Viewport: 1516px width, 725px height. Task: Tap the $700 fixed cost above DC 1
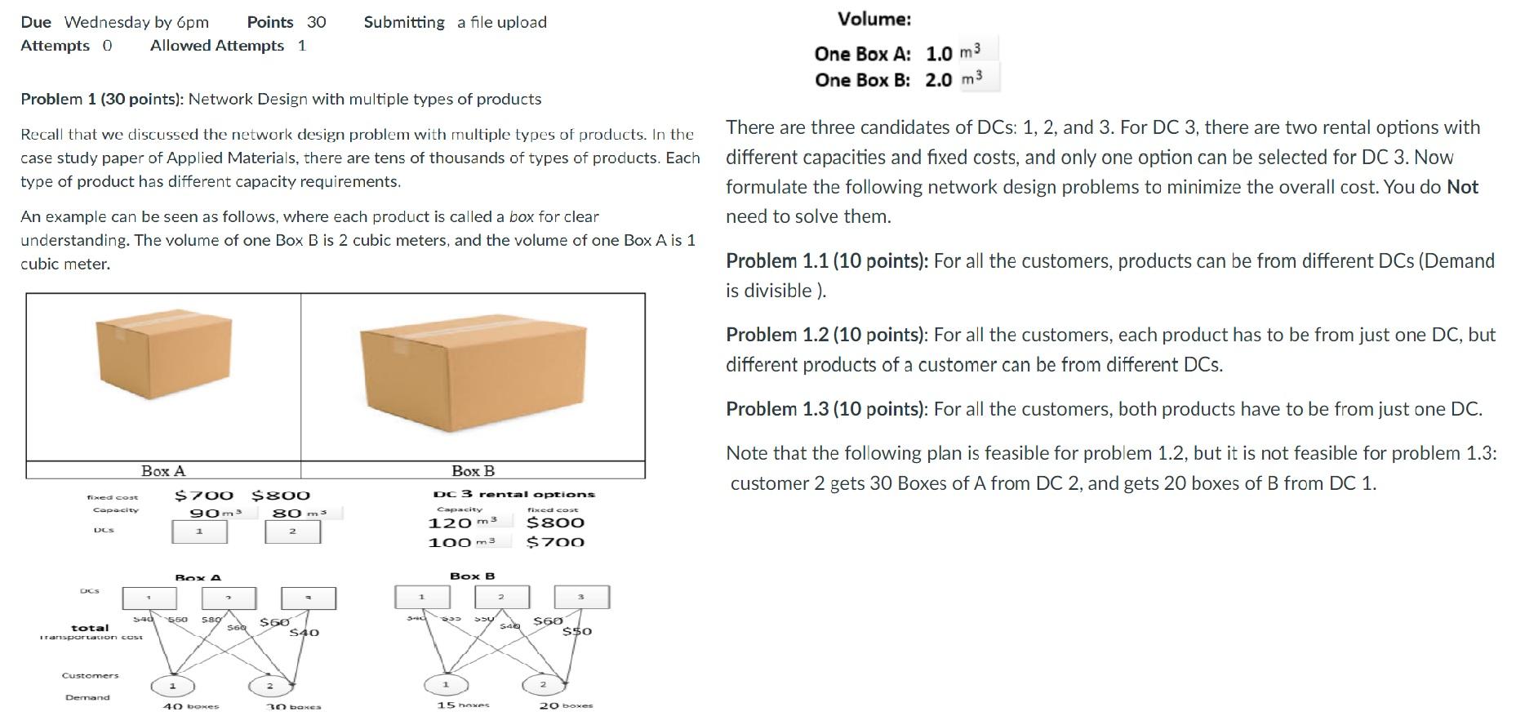[x=204, y=496]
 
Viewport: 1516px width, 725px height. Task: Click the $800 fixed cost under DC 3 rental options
[x=555, y=523]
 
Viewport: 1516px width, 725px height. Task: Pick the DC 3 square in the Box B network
[x=581, y=597]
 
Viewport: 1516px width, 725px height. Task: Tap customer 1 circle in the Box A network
[x=172, y=686]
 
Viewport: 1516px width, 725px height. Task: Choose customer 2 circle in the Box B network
[x=542, y=684]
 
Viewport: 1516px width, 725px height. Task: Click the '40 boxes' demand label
[x=191, y=706]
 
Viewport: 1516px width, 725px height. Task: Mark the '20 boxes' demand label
[x=566, y=705]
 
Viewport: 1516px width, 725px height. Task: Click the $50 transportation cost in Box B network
[x=577, y=631]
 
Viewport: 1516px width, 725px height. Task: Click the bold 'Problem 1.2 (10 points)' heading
[x=827, y=335]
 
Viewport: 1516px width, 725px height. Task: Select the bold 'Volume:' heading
[x=874, y=19]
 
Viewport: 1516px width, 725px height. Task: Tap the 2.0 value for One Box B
[x=939, y=80]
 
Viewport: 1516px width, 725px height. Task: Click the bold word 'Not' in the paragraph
[x=1462, y=187]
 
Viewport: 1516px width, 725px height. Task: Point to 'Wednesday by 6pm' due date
[x=136, y=22]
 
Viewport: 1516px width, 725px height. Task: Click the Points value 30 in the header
[x=316, y=22]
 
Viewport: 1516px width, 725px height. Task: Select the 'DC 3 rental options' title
[x=513, y=494]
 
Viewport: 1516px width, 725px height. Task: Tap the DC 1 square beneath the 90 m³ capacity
[x=199, y=532]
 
